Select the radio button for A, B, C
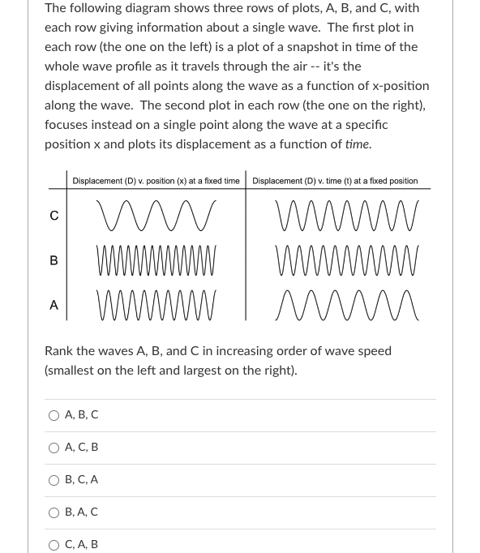(54, 415)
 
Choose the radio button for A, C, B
(54, 448)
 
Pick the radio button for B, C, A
(54, 480)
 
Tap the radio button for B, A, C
(54, 512)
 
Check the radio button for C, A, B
(54, 545)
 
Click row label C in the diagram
(54, 216)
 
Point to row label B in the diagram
(54, 260)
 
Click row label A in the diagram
(54, 305)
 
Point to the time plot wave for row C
(348, 216)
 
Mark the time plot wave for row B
(348, 260)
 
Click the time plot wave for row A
(348, 305)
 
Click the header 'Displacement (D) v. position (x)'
(156, 181)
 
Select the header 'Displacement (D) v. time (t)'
(335, 181)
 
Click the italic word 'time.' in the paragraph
(358, 144)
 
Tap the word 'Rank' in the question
(59, 351)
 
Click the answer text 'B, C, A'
(81, 480)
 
